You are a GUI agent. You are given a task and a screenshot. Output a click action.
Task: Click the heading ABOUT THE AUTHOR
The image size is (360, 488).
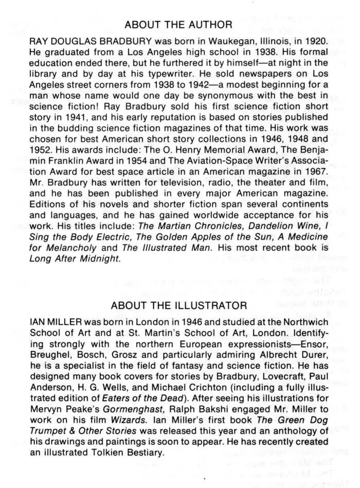tap(179, 24)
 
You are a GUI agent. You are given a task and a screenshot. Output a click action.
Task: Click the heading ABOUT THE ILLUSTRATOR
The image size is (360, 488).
tap(179, 305)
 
